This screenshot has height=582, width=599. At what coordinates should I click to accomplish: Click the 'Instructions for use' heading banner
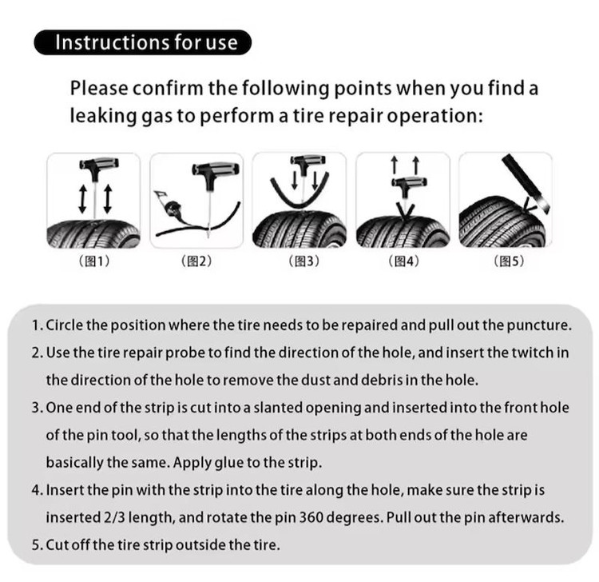(x=142, y=42)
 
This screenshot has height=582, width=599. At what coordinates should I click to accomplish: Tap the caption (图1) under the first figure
(x=94, y=261)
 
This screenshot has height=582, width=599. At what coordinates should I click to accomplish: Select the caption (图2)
(x=196, y=261)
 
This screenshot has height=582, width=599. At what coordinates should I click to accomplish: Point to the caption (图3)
(x=303, y=261)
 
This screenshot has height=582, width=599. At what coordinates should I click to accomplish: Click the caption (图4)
(x=404, y=261)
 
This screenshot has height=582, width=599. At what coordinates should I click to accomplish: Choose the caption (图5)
(x=509, y=261)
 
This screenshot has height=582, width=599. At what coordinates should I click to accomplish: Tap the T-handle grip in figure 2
(x=216, y=169)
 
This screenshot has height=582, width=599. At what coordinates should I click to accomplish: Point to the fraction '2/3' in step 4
(x=114, y=517)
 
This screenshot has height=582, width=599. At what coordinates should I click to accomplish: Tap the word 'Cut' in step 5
(x=58, y=545)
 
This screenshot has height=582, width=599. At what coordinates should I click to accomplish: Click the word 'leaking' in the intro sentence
(x=103, y=116)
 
